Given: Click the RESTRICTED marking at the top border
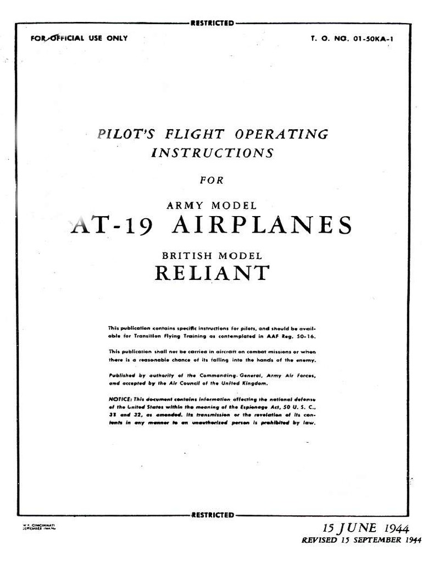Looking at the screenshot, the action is tap(212, 23).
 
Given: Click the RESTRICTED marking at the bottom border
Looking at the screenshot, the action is tap(212, 515).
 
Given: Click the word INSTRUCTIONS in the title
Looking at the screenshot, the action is tap(212, 153).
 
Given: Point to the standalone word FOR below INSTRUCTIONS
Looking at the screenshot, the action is tap(212, 180).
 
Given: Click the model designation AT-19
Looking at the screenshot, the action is tap(110, 226).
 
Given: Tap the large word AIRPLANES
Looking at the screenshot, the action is tap(261, 226).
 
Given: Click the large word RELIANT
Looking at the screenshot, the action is tap(212, 273).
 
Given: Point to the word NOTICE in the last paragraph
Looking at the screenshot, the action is tap(120, 399).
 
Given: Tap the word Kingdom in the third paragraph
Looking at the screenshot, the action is tap(255, 383).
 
